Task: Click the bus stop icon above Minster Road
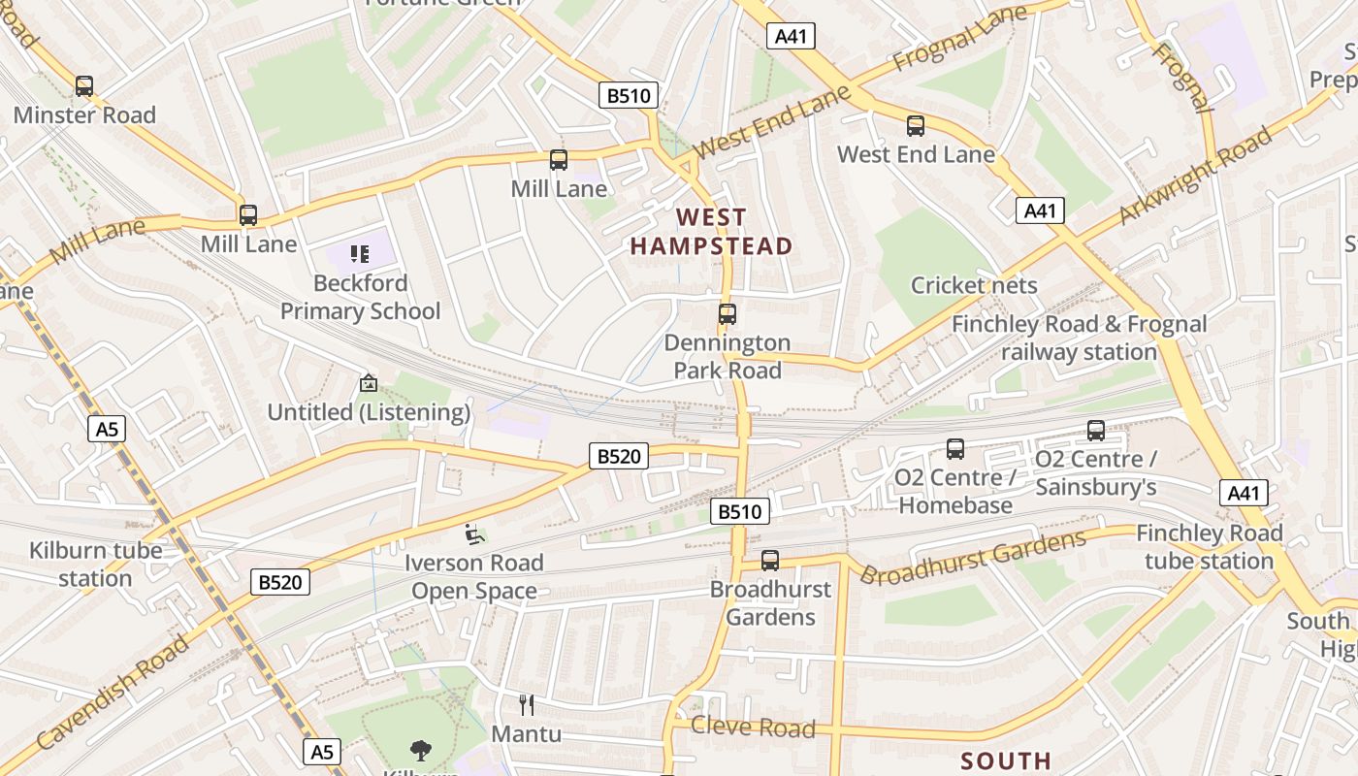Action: (x=84, y=86)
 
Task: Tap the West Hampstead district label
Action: (x=711, y=232)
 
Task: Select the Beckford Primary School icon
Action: (x=360, y=254)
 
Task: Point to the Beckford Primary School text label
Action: (x=360, y=297)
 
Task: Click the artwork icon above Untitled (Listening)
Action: (x=368, y=383)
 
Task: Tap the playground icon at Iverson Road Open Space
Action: (x=473, y=533)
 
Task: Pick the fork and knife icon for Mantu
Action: (x=527, y=704)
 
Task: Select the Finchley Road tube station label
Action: (x=1209, y=547)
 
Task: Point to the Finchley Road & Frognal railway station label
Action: (x=1080, y=338)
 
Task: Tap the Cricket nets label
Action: (x=974, y=285)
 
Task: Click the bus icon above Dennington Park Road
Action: (x=727, y=314)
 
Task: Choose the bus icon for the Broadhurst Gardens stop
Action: (x=770, y=560)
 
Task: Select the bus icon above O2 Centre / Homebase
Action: (x=955, y=449)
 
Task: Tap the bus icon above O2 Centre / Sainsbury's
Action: (x=1096, y=431)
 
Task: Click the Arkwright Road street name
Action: (x=1195, y=175)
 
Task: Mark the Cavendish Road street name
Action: (x=114, y=692)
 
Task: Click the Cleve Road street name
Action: (x=753, y=727)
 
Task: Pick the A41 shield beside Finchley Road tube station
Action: (x=1244, y=493)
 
